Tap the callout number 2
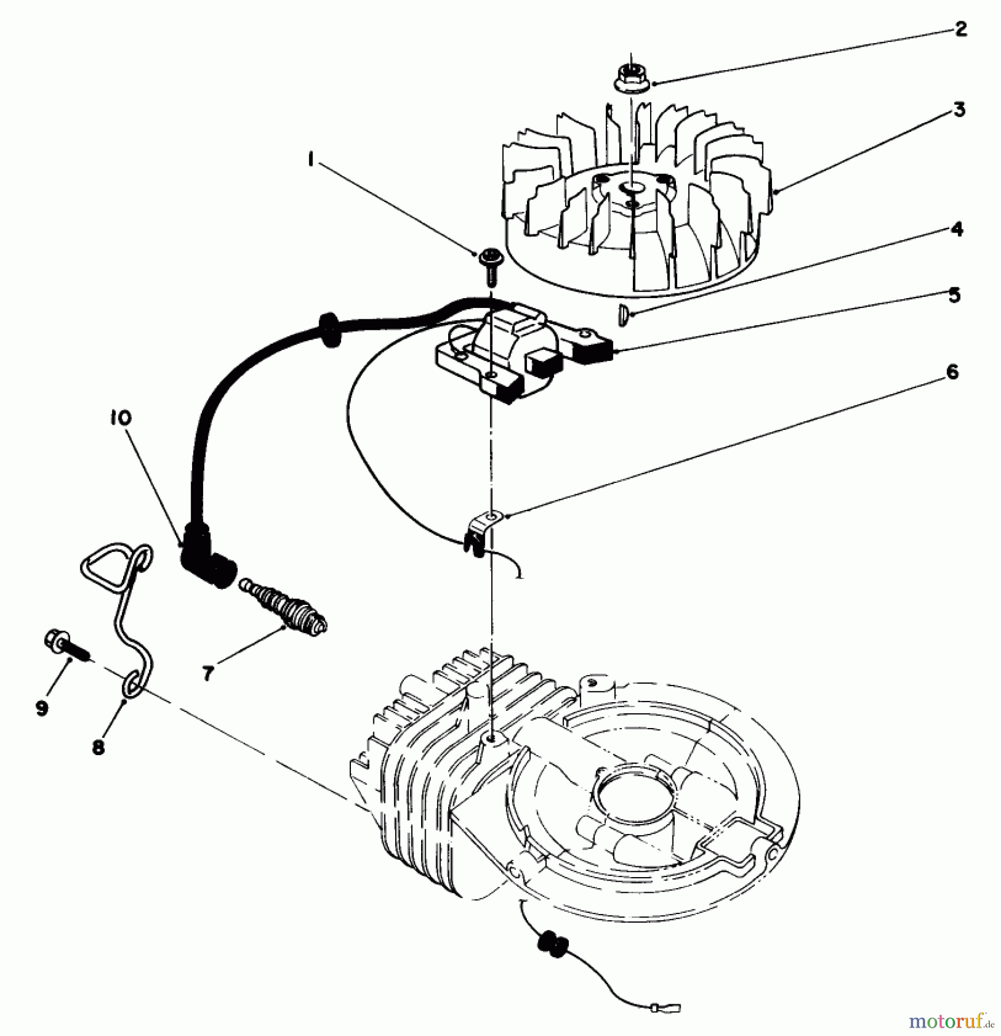pos(961,29)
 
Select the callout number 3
pos(958,109)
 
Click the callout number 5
pos(954,295)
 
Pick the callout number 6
pos(952,372)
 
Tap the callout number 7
pos(208,672)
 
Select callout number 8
pos(98,747)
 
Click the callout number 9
pos(41,708)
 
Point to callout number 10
pos(121,417)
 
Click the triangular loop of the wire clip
pos(104,567)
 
